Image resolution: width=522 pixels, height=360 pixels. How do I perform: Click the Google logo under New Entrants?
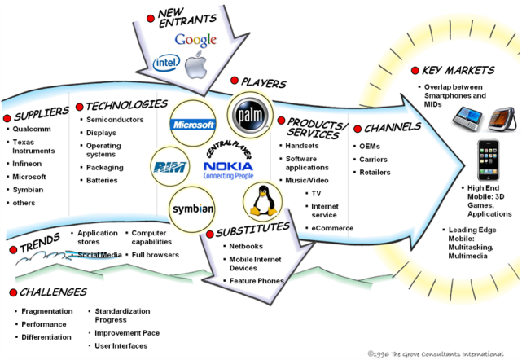coord(195,39)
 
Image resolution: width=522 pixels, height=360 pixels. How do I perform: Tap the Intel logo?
coord(166,62)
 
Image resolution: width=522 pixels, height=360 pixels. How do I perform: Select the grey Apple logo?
coord(195,64)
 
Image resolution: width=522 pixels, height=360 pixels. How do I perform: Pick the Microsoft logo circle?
coord(193,125)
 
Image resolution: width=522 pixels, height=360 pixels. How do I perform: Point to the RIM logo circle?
coord(169,167)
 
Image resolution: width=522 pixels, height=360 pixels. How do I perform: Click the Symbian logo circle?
coord(192,209)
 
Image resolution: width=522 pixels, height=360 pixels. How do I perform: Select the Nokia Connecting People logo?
coord(228,169)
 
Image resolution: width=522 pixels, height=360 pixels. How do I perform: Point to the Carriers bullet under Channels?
coord(375,158)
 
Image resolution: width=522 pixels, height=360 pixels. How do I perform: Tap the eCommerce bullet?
coord(332,228)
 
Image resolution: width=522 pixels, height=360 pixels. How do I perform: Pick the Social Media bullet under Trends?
coord(99,254)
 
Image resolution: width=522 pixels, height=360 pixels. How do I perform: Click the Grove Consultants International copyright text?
coord(436,353)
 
